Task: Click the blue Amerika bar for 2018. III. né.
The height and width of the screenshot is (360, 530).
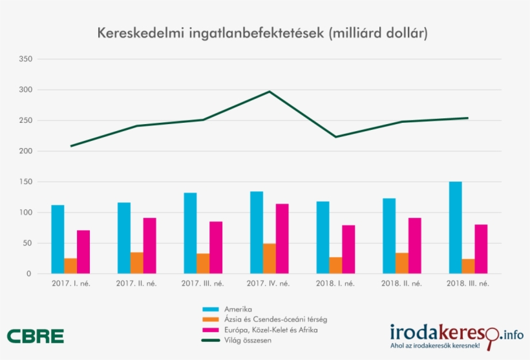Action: tap(455, 228)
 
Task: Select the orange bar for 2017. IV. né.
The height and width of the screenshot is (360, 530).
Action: tap(270, 259)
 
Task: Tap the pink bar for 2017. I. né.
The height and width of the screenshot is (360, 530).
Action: tap(83, 252)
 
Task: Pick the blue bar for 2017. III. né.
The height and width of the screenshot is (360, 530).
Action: tap(190, 233)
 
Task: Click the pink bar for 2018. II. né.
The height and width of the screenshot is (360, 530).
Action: tap(414, 246)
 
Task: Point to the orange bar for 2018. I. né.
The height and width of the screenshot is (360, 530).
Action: tap(335, 266)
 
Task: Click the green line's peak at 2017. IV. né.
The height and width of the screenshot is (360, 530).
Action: tap(270, 91)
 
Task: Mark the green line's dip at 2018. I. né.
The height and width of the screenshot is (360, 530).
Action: tap(335, 137)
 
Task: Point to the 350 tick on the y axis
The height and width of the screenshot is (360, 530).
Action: tap(26, 59)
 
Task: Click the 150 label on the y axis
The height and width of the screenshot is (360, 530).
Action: tap(26, 182)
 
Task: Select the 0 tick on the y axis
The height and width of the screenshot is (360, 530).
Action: tap(28, 274)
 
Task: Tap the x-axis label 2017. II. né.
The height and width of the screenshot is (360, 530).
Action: tap(137, 284)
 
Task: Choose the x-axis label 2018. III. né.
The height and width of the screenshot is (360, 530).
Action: tap(468, 284)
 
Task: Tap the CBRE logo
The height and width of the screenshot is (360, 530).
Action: tap(36, 336)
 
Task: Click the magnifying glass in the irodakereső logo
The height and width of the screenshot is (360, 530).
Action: tap(492, 335)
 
